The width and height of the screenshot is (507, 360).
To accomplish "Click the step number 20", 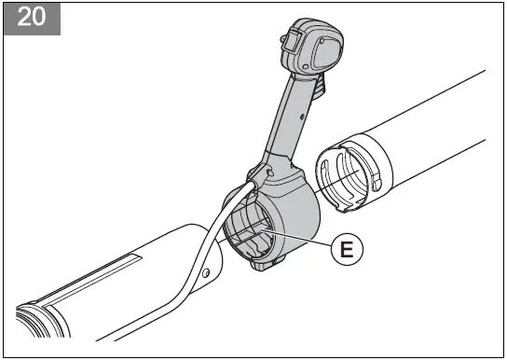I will click(31, 19).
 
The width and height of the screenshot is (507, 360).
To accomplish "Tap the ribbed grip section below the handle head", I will click(318, 90).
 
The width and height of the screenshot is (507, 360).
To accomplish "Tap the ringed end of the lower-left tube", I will click(37, 317).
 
